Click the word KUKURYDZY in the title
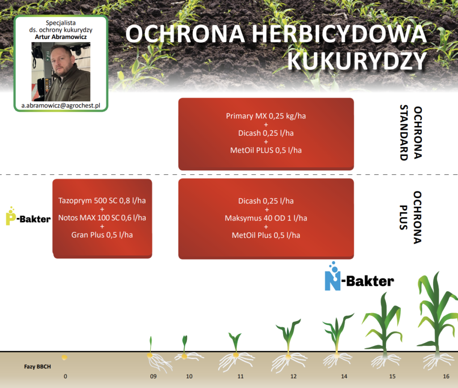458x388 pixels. click(357, 61)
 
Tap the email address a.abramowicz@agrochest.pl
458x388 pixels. click(61, 106)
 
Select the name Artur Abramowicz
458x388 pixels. click(61, 37)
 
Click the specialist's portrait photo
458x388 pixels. click(61, 72)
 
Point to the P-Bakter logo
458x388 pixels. click(28, 216)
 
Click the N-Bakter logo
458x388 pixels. click(359, 276)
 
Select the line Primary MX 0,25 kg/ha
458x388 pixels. click(266, 116)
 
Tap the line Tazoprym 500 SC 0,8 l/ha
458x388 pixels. click(102, 200)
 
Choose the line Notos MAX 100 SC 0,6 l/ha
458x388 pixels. click(102, 217)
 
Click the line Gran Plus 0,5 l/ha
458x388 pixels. click(102, 235)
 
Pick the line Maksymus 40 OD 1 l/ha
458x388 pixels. click(266, 218)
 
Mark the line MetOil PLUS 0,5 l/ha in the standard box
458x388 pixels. click(266, 150)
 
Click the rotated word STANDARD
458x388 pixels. click(404, 133)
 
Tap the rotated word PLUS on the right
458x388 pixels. click(403, 217)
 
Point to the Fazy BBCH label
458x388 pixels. click(38, 366)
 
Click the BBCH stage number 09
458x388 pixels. click(153, 376)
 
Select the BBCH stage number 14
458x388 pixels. click(344, 376)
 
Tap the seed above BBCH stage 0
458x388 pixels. click(64, 357)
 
